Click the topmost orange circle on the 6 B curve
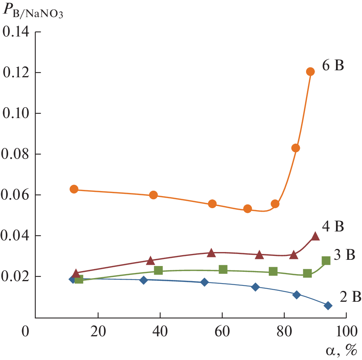click(x=310, y=71)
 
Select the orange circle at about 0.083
click(x=296, y=148)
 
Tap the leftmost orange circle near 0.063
click(x=74, y=189)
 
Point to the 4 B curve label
click(x=333, y=226)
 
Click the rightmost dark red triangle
click(x=315, y=236)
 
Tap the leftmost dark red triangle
click(x=76, y=273)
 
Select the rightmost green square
click(x=326, y=261)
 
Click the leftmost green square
click(x=79, y=279)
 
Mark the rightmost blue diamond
click(x=328, y=306)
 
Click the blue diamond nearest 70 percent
click(x=255, y=287)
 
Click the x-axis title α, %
click(x=341, y=351)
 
